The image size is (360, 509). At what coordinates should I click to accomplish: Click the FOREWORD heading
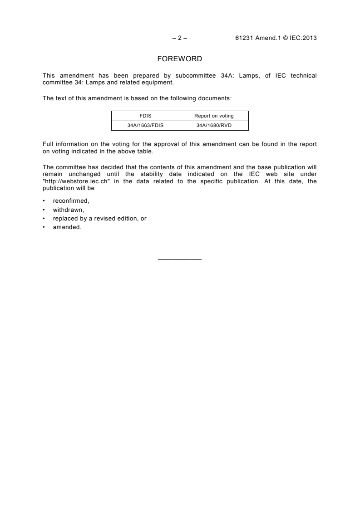click(179, 59)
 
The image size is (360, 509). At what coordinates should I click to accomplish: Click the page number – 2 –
click(180, 38)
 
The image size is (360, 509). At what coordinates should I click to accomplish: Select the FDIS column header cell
click(146, 116)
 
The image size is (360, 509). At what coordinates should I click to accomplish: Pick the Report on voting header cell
click(214, 116)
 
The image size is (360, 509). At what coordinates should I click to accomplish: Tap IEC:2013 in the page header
click(302, 38)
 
